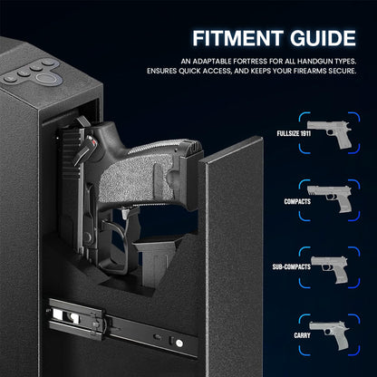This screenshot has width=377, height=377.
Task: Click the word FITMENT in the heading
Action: click(237, 38)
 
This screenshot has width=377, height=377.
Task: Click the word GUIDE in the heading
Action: click(323, 38)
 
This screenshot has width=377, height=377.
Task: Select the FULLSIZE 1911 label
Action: click(294, 133)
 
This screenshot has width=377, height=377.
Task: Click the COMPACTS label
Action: click(297, 201)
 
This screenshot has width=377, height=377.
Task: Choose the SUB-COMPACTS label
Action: click(292, 266)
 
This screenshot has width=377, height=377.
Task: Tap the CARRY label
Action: click(302, 335)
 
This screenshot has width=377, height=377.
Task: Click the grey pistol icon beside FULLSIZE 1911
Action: click(330, 133)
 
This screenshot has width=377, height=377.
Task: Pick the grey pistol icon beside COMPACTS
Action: click(330, 198)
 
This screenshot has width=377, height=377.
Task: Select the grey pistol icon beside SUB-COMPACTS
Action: click(330, 269)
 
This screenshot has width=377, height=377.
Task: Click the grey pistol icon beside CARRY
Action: click(329, 334)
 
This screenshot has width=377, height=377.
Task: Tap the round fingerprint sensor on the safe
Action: click(49, 80)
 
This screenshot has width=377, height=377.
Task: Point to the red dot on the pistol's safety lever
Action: click(94, 142)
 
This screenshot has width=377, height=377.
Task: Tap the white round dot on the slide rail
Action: click(179, 343)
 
